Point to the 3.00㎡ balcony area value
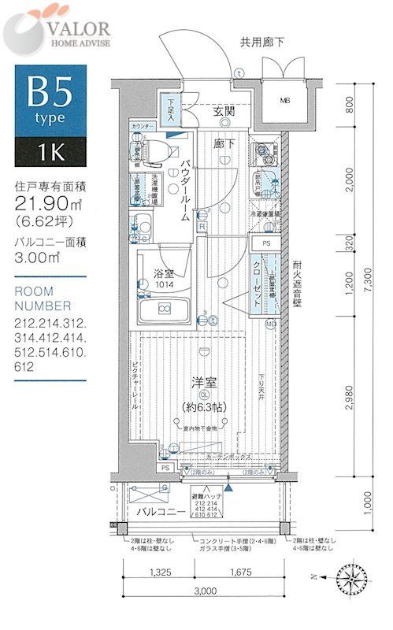point(39,257)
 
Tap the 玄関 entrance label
point(223,112)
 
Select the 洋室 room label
point(202,384)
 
